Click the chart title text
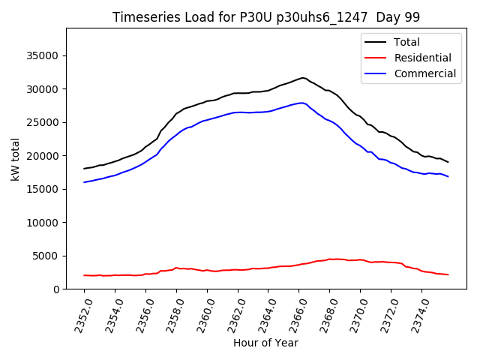(266, 17)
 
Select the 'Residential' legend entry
(422, 58)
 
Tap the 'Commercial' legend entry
(424, 73)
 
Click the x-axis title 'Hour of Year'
(265, 343)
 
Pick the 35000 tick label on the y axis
(43, 55)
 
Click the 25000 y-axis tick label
(43, 122)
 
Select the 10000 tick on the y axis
(43, 222)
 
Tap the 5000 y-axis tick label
(46, 256)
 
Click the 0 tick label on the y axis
(55, 289)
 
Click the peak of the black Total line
(302, 77)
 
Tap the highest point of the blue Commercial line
(301, 103)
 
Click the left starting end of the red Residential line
(84, 275)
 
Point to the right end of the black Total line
(448, 162)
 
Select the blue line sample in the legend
(376, 73)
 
